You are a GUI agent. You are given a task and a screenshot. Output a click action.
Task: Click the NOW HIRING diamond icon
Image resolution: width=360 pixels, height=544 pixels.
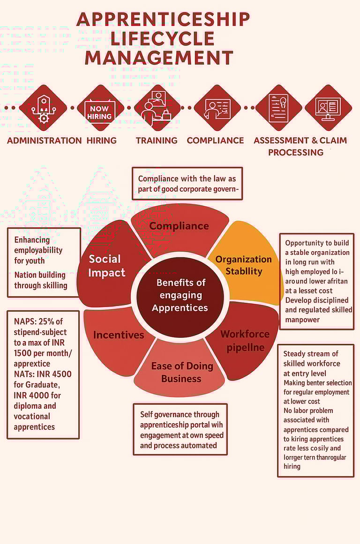[100, 108]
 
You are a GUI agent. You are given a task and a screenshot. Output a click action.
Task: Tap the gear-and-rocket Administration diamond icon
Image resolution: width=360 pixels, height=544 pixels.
[43, 108]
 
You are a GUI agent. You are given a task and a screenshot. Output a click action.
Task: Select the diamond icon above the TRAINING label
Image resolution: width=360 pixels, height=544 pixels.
[157, 108]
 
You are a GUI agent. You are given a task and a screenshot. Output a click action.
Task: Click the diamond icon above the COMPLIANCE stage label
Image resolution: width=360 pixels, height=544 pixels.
[217, 108]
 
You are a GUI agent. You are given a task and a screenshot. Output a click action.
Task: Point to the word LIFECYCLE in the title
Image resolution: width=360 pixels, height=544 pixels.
[162, 38]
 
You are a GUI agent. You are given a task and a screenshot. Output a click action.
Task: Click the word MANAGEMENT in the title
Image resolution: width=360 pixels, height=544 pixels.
[159, 58]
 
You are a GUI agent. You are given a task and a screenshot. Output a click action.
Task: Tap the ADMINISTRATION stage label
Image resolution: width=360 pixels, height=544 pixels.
[45, 141]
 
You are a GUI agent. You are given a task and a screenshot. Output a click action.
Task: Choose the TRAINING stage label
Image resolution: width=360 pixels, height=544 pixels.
[157, 141]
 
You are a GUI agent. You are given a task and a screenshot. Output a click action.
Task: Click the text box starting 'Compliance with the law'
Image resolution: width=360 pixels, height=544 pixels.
[187, 184]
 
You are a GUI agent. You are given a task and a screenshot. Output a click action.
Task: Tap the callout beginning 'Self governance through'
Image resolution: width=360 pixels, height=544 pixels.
[180, 429]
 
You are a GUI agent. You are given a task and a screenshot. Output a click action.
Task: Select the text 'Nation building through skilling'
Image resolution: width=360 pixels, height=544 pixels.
[40, 280]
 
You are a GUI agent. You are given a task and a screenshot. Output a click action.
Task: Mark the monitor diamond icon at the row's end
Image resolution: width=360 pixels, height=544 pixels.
[328, 108]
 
